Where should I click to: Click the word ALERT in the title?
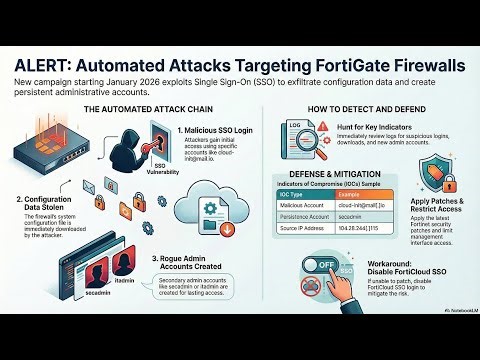point(46,63)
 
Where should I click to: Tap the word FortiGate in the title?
point(346,63)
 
